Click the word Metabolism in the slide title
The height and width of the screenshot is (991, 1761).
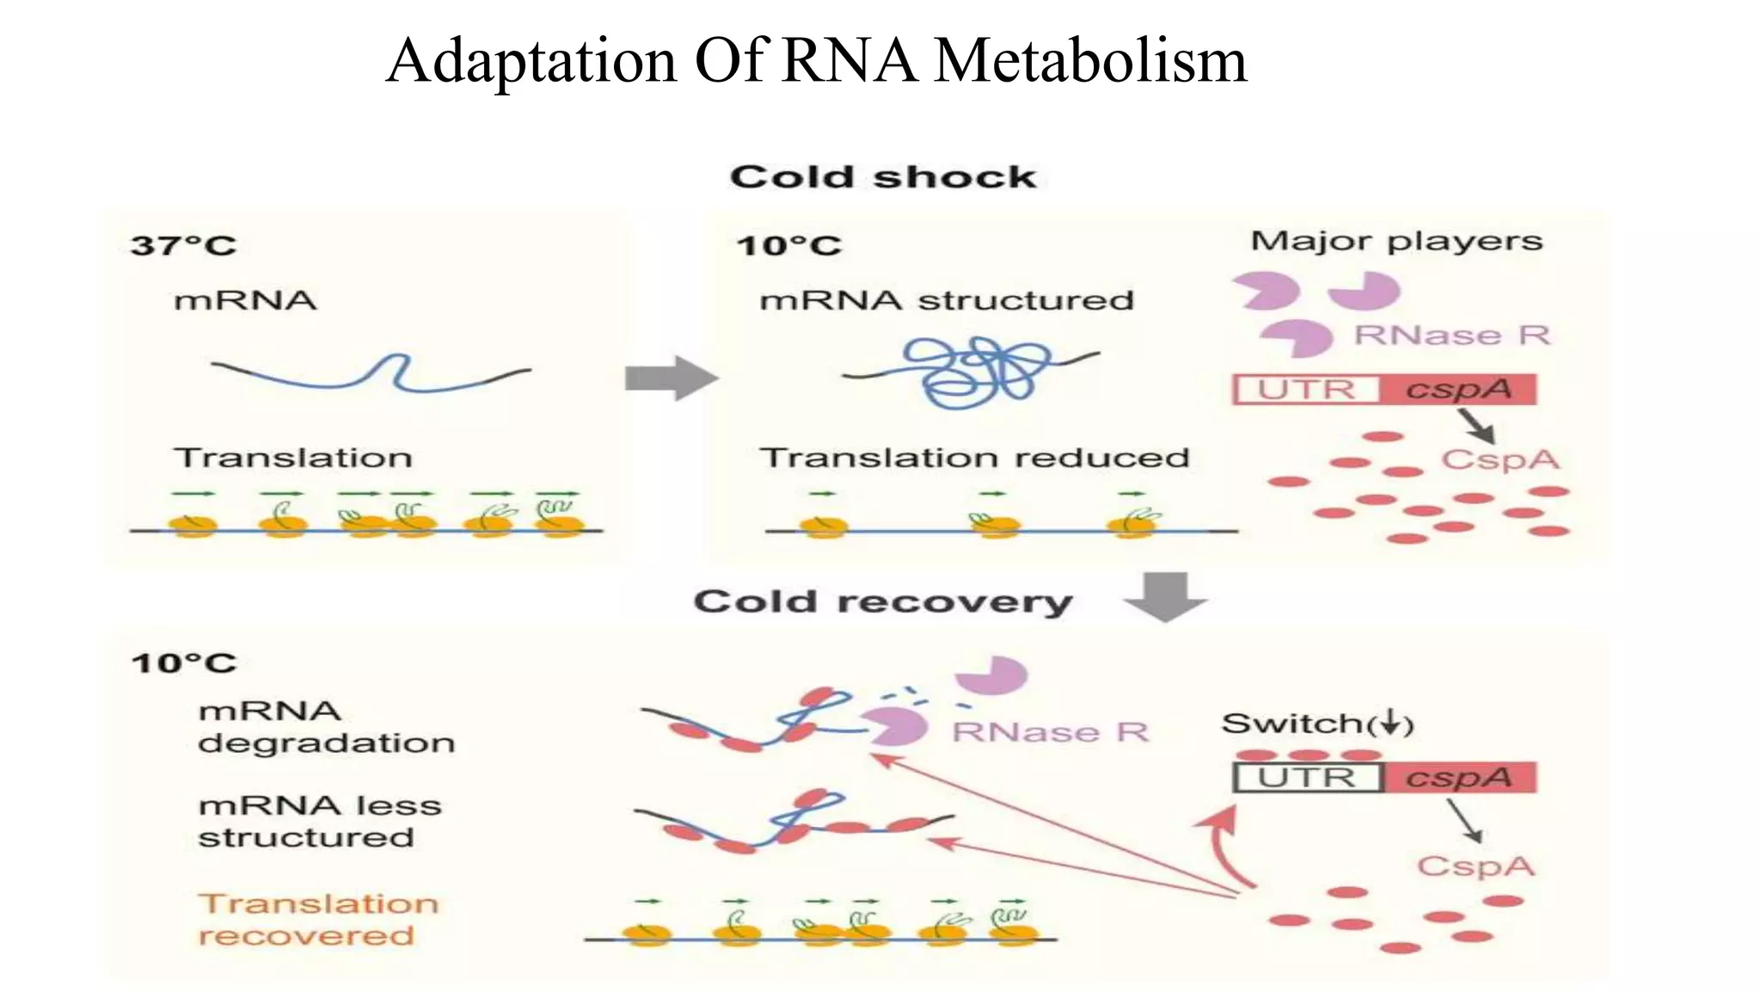point(1089,61)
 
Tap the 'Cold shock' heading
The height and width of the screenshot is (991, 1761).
point(883,176)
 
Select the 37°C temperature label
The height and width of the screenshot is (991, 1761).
point(182,246)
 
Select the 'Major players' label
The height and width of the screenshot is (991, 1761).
point(1396,241)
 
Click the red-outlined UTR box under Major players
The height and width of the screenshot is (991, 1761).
point(1306,390)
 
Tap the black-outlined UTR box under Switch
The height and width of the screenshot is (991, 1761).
point(1307,778)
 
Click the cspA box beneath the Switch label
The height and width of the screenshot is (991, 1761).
point(1459,778)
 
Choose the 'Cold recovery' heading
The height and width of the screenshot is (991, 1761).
point(883,601)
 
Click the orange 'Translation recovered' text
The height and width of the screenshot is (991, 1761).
point(318,919)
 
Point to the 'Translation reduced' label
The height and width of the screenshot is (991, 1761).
point(974,458)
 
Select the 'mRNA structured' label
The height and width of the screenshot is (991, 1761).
point(947,300)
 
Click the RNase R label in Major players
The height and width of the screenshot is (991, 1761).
point(1451,335)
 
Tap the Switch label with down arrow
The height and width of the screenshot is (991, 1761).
point(1317,724)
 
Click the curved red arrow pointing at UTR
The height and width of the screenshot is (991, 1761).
point(1221,847)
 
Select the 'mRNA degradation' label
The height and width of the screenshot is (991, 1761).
point(326,727)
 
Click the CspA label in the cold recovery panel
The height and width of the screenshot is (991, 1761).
point(1475,865)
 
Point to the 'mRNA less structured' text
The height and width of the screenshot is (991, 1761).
point(319,822)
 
